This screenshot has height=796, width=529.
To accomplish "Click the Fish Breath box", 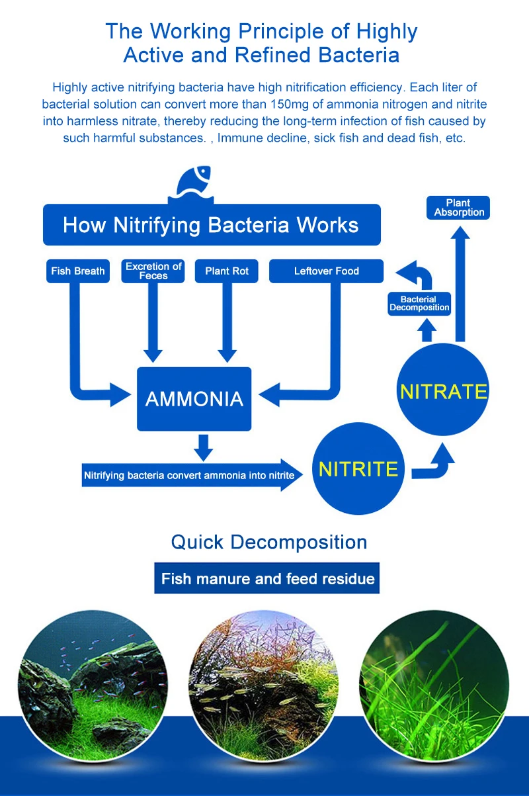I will click(78, 271).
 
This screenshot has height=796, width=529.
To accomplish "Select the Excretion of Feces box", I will click(153, 271).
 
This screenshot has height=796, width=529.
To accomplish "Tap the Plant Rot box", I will click(227, 271).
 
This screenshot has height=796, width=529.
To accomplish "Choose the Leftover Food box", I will click(327, 271).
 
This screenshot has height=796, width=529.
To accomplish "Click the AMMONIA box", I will click(194, 399).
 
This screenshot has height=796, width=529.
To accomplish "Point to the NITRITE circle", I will click(358, 469).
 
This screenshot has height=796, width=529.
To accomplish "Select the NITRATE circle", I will click(443, 390).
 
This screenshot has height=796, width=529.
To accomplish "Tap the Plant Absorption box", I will click(459, 208).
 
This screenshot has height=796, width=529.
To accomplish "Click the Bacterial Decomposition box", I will click(419, 304).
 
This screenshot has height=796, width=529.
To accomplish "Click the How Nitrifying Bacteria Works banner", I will click(212, 225).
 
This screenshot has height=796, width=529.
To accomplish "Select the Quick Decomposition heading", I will click(269, 543).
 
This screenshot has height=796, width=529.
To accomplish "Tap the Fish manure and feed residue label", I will click(268, 579).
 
